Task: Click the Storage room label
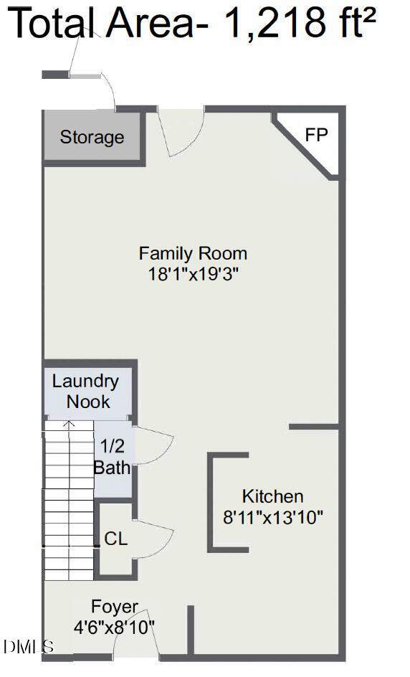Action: coord(92,137)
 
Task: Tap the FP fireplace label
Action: coord(316,134)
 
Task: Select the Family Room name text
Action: coord(193,253)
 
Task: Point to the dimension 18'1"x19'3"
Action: coord(193,273)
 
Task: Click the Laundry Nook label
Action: coord(85,391)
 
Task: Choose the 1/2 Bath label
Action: coord(112,457)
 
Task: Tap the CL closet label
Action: coord(115,539)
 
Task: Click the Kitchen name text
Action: coord(272,496)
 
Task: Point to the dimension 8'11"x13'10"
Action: coord(273,516)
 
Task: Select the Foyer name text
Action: coord(115,607)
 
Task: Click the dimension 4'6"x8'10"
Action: coord(114,627)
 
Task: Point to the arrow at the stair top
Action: coord(69,425)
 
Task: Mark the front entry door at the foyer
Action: coord(133,635)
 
